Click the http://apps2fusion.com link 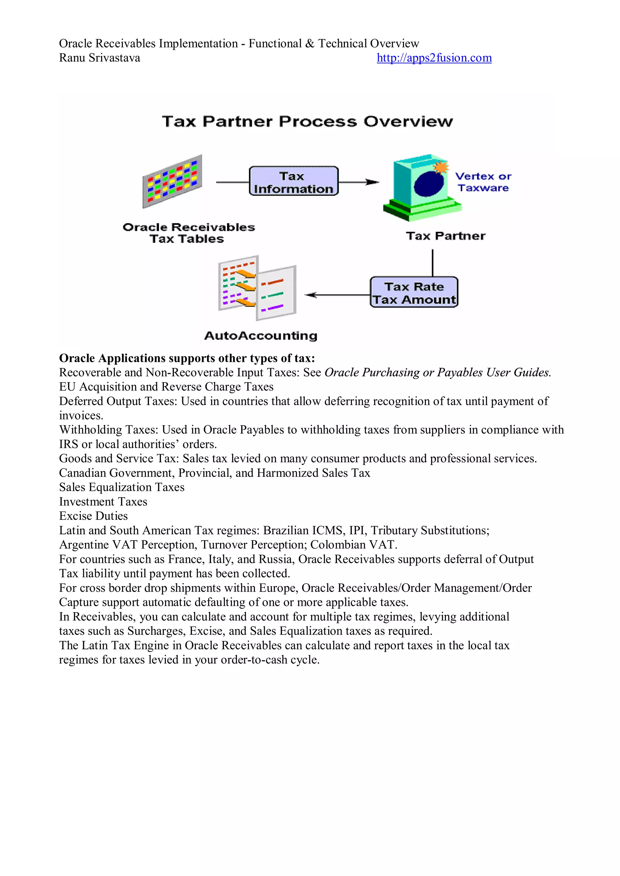(434, 58)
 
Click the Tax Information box (293, 182)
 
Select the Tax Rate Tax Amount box (414, 293)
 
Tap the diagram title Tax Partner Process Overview (307, 122)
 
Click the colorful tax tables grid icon (172, 181)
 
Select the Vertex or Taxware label (483, 182)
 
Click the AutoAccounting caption (261, 336)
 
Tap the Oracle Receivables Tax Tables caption (188, 233)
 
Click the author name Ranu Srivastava (99, 58)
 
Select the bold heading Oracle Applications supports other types (187, 358)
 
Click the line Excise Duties (93, 516)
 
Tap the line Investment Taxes (103, 502)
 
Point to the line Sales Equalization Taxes (121, 487)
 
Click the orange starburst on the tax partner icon (441, 167)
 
